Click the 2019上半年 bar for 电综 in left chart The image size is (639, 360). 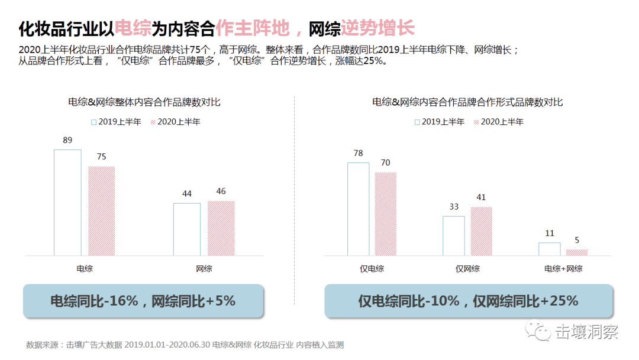[67, 202]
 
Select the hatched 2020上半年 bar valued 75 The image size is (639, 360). [101, 211]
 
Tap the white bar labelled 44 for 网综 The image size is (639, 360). [186, 229]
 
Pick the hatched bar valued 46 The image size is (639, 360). [221, 228]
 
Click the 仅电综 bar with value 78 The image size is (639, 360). [358, 209]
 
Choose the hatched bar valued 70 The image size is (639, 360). [385, 214]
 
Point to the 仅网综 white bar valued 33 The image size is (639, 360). [454, 236]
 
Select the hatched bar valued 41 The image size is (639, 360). [481, 231]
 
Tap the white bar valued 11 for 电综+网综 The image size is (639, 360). [549, 249]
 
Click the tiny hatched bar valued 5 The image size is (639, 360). [576, 252]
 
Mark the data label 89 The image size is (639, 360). [67, 140]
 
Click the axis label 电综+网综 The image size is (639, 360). [563, 268]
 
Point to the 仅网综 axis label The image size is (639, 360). [467, 268]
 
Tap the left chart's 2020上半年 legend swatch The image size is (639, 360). [153, 122]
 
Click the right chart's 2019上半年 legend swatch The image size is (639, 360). [417, 122]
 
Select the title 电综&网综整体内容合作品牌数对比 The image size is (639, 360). [144, 102]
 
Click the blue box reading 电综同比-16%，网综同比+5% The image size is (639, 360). [143, 301]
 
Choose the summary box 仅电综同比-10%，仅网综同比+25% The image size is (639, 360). [467, 301]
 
